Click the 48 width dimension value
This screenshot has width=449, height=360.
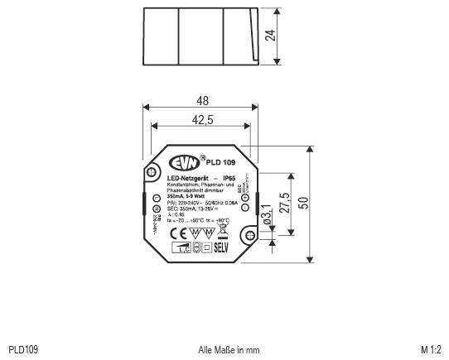[202, 100]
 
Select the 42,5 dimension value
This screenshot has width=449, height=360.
[202, 120]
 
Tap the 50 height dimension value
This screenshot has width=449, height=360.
[303, 204]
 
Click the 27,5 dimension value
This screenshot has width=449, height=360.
[283, 203]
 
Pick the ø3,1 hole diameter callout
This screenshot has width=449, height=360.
[267, 216]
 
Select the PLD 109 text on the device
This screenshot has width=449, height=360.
[219, 162]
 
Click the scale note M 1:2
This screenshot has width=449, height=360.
[432, 351]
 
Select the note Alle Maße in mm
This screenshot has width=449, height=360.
[229, 351]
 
